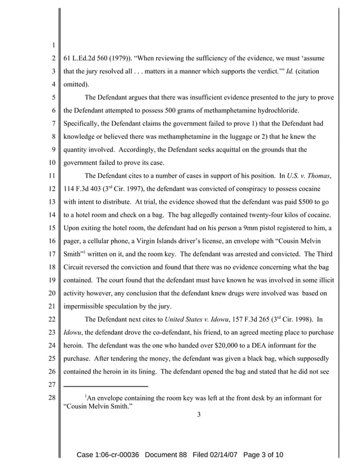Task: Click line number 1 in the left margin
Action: click(51, 46)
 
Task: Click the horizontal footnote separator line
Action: click(105, 386)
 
